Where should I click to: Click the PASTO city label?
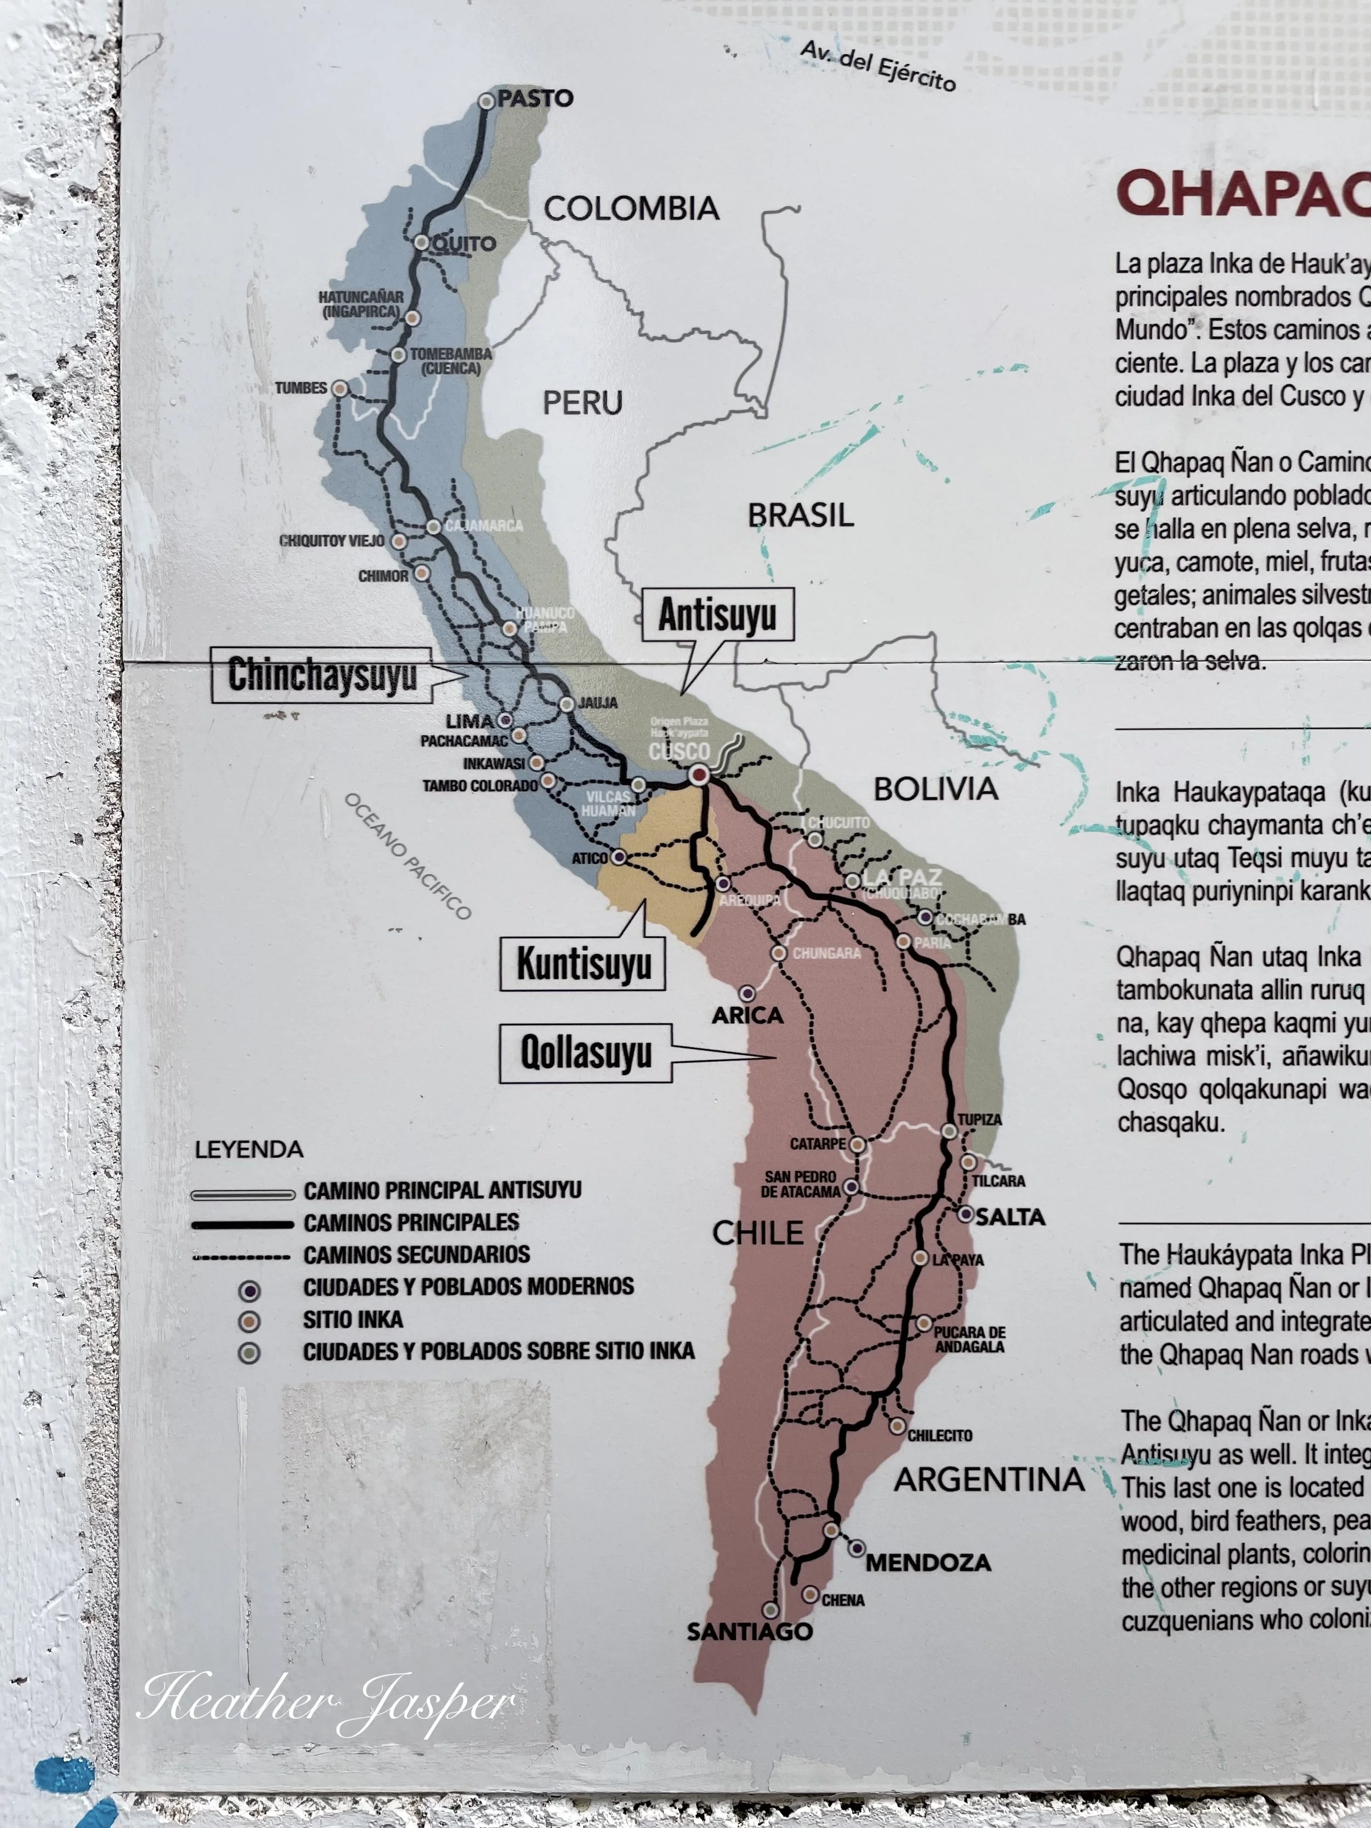coord(535,98)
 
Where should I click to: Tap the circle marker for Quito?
coord(422,242)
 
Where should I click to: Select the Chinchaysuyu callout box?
coord(321,675)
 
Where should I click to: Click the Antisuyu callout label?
coord(717,615)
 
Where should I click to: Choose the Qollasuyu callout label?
coord(585,1053)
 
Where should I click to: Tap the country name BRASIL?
coord(800,516)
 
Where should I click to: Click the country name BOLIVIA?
coord(936,789)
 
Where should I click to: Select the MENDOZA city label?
coord(928,1562)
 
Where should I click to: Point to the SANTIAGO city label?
coord(750,1631)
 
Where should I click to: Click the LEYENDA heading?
coord(249,1150)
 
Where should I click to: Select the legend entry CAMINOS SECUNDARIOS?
coord(416,1254)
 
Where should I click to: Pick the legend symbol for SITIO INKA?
coord(249,1321)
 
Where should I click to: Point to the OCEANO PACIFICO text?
coord(407,856)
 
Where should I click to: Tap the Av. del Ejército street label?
coord(877,65)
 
